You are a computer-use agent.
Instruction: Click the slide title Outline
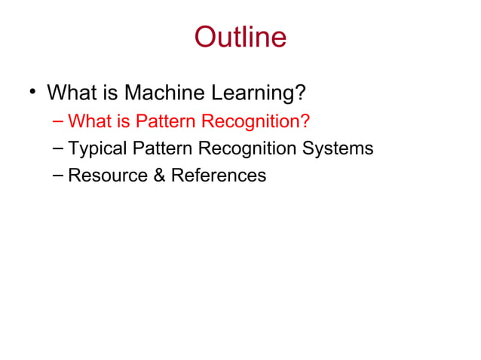coord(240,37)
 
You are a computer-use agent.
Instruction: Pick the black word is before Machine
coord(112,93)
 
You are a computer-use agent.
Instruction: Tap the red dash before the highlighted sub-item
coord(59,121)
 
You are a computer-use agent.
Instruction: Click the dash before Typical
coord(59,148)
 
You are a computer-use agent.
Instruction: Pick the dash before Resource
coord(59,175)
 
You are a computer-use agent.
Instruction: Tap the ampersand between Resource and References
coord(158,176)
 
